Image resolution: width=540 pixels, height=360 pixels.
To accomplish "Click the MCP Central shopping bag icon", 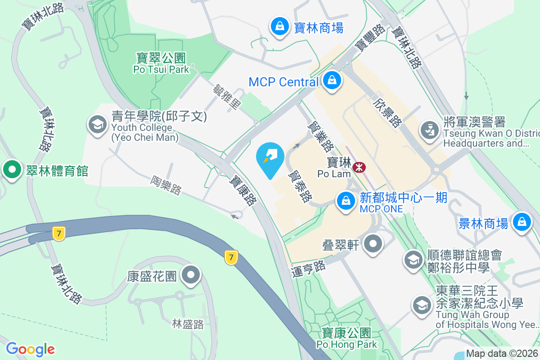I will point(332,81).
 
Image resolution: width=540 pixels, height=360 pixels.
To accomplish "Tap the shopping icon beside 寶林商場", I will point(280,27).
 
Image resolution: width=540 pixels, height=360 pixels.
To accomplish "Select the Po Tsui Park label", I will point(161,63).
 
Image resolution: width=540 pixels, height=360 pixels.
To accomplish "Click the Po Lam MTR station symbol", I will point(359,167).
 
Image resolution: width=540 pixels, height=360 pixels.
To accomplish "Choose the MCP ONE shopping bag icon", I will point(346,200).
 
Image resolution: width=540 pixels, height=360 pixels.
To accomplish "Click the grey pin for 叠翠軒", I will point(373,244).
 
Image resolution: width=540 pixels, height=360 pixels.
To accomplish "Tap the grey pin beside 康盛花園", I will point(191,274).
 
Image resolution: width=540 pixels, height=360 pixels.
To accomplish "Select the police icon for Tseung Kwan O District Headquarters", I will point(429,130).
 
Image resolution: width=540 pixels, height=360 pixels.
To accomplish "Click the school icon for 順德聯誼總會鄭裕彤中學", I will point(413,260).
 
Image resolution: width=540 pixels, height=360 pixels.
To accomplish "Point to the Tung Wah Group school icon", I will point(422,306).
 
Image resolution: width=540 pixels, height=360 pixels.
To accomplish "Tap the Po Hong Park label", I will point(346,338).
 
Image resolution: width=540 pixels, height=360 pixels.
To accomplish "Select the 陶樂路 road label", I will point(166,185).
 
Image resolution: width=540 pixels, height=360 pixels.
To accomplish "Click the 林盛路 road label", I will point(188,324).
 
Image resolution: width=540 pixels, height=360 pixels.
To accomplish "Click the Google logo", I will point(31,349).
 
